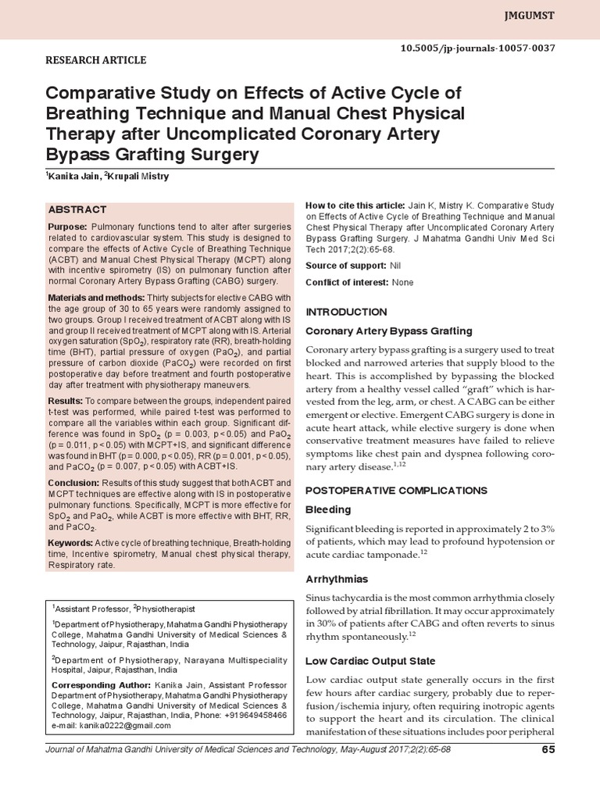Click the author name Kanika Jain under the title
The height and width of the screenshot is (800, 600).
click(73, 177)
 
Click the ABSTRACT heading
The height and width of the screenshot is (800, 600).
click(77, 210)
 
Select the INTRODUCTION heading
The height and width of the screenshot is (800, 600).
click(345, 312)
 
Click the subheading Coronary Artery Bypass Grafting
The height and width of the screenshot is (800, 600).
click(388, 330)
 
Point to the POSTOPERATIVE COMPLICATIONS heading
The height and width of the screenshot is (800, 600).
click(396, 490)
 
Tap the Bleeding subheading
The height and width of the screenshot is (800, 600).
click(327, 509)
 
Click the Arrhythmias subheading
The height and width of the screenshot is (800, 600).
click(337, 579)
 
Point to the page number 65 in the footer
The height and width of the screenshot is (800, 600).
click(547, 751)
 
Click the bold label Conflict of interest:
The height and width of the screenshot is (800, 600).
click(347, 282)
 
